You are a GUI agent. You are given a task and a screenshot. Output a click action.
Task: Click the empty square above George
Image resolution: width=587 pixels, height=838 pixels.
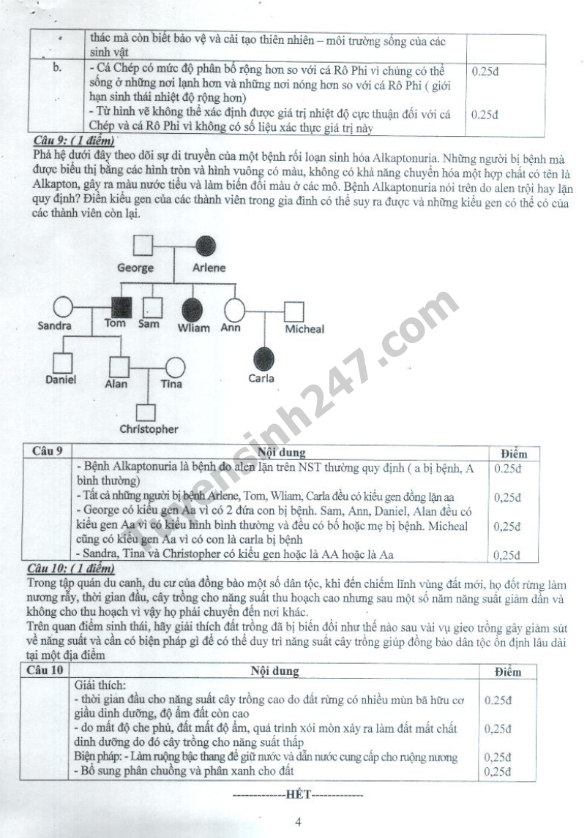click(143, 246)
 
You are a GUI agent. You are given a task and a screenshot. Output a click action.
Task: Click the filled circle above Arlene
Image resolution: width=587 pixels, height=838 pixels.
click(206, 246)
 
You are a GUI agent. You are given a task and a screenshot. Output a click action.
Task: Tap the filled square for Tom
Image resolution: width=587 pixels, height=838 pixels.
click(121, 307)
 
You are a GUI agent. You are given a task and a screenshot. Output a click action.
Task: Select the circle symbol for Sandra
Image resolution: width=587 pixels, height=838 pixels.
click(63, 308)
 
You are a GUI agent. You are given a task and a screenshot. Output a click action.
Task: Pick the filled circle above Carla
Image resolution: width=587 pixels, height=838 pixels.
click(263, 358)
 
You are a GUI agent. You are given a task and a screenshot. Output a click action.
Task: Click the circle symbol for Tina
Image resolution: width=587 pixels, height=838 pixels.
click(175, 368)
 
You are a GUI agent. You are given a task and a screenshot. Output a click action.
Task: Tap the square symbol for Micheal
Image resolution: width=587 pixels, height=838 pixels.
click(293, 312)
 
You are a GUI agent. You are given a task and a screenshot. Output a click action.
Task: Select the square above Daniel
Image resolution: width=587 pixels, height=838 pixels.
click(63, 363)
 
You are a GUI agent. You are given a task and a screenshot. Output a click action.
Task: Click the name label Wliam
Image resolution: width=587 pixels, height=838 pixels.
click(194, 327)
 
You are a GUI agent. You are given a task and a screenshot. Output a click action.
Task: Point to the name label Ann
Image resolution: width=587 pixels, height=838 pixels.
click(231, 327)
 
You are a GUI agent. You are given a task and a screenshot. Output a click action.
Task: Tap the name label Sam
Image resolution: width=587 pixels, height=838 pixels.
click(149, 323)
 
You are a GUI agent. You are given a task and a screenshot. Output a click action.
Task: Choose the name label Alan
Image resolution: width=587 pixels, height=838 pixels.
click(116, 384)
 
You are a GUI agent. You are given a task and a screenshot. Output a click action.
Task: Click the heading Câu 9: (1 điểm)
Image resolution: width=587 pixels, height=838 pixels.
click(74, 141)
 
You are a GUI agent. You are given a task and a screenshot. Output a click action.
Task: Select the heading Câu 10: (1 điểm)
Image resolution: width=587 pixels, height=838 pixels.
click(71, 568)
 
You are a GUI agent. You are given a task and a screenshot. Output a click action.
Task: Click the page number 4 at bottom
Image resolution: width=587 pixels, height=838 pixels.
click(298, 822)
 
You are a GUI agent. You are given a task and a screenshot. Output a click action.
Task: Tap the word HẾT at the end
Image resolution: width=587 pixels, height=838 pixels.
click(298, 794)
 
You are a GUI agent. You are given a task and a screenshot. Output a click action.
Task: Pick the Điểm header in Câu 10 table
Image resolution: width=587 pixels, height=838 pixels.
click(508, 672)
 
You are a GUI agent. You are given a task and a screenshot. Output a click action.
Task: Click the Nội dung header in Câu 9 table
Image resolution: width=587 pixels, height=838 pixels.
click(282, 452)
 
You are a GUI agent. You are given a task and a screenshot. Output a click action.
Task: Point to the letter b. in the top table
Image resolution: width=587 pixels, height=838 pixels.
click(57, 68)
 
